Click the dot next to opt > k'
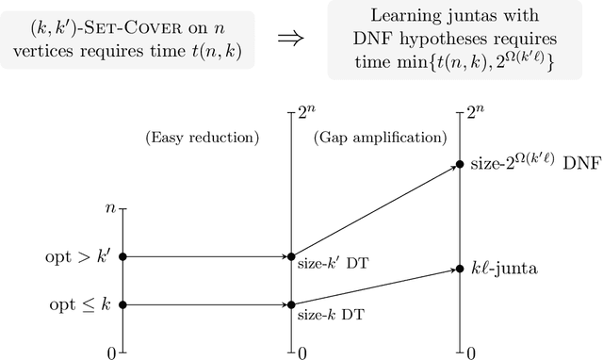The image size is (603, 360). (122, 255)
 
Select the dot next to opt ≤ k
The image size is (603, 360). (122, 304)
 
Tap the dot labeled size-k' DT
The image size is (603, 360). (290, 255)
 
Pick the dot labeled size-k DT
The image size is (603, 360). (290, 304)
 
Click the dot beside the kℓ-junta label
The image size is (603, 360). (459, 269)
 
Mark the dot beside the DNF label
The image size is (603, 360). (459, 164)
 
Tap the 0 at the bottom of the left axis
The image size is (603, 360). (112, 353)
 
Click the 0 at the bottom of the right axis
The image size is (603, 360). (469, 353)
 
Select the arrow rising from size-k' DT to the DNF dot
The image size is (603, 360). (374, 209)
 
